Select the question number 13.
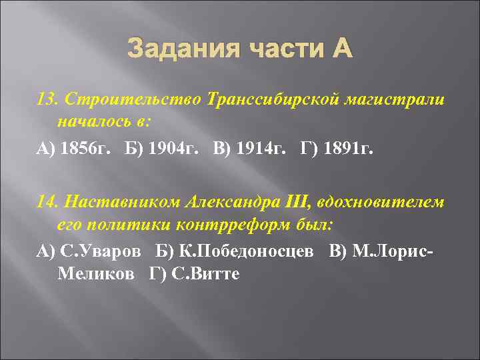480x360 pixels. click(x=45, y=99)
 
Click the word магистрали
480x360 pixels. click(x=400, y=99)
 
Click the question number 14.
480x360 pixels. click(x=45, y=202)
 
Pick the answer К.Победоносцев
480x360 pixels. click(x=252, y=251)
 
